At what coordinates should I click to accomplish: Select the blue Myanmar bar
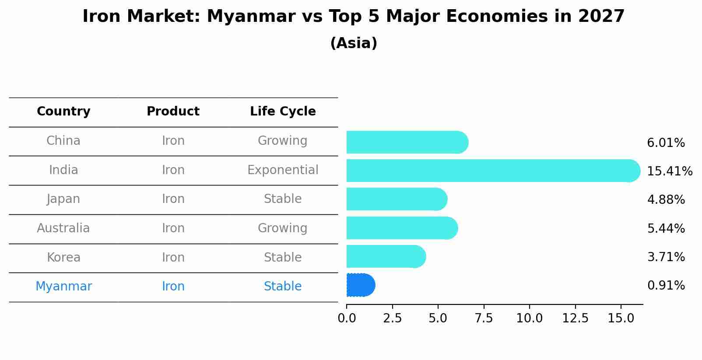pyautogui.click(x=360, y=285)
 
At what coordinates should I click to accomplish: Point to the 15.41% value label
pyautogui.click(x=670, y=171)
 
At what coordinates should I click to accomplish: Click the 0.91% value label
pyautogui.click(x=666, y=286)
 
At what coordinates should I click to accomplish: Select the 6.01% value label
pyautogui.click(x=666, y=143)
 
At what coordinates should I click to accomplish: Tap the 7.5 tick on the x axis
pyautogui.click(x=484, y=318)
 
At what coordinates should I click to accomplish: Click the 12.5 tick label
pyautogui.click(x=575, y=318)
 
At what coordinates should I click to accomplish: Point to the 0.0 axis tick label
pyautogui.click(x=347, y=318)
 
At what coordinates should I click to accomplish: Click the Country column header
pyautogui.click(x=63, y=112)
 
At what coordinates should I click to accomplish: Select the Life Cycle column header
pyautogui.click(x=283, y=112)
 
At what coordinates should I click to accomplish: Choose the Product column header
pyautogui.click(x=173, y=112)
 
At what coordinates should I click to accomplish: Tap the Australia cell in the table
pyautogui.click(x=63, y=228)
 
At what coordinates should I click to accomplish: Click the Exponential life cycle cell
pyautogui.click(x=283, y=170)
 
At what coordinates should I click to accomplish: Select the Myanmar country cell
pyautogui.click(x=63, y=287)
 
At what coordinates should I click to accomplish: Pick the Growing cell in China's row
pyautogui.click(x=283, y=141)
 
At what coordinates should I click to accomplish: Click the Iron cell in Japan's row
pyautogui.click(x=173, y=199)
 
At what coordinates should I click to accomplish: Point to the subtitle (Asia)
pyautogui.click(x=354, y=43)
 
